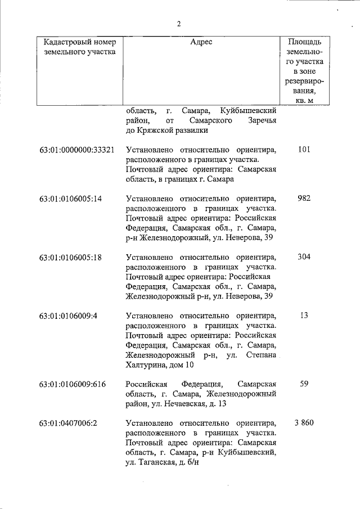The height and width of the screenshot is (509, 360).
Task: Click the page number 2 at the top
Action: tap(179, 24)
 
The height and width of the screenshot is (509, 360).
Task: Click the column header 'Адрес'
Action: tap(201, 42)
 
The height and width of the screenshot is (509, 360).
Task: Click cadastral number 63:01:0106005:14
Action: tap(71, 199)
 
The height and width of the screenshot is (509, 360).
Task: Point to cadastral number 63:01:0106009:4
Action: tap(69, 316)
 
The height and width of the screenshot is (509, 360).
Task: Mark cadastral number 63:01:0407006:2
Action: tap(69, 423)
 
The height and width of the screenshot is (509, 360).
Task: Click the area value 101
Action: tap(304, 150)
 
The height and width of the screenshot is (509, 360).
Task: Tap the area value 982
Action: tap(304, 199)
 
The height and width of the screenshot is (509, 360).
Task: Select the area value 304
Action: tap(304, 257)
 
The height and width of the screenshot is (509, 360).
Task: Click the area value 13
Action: tap(304, 316)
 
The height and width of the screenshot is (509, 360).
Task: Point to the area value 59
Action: tap(304, 384)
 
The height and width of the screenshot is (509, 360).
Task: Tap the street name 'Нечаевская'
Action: tap(190, 403)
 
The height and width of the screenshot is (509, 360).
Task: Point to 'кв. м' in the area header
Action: tap(304, 100)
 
